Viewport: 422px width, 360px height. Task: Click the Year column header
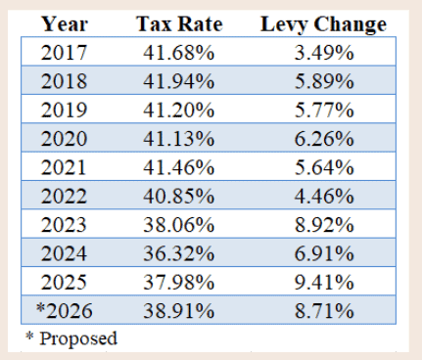(x=65, y=24)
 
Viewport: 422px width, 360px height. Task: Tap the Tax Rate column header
(x=179, y=24)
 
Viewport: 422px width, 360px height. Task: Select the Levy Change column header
(x=323, y=24)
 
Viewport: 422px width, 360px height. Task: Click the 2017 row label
(x=64, y=52)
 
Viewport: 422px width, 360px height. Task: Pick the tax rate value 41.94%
(x=179, y=81)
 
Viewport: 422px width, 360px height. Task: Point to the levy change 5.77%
(x=324, y=110)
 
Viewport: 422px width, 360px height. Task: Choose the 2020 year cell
(x=64, y=138)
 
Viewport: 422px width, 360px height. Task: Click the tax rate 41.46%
(x=179, y=167)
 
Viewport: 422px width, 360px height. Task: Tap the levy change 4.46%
(x=324, y=196)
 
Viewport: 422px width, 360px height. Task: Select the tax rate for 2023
(x=179, y=224)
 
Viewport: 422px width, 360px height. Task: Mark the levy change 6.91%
(x=324, y=253)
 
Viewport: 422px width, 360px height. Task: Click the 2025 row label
(x=64, y=282)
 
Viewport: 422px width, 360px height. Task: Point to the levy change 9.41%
(x=324, y=282)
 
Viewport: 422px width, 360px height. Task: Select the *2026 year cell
(x=65, y=310)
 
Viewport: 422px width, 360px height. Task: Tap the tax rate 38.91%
(x=179, y=310)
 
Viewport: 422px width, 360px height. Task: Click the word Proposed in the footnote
(x=78, y=338)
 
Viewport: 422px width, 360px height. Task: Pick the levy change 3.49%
(x=324, y=52)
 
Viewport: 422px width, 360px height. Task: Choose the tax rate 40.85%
(x=179, y=196)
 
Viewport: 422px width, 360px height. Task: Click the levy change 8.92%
(x=324, y=224)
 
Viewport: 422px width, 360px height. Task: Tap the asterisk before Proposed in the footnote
(x=29, y=336)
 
